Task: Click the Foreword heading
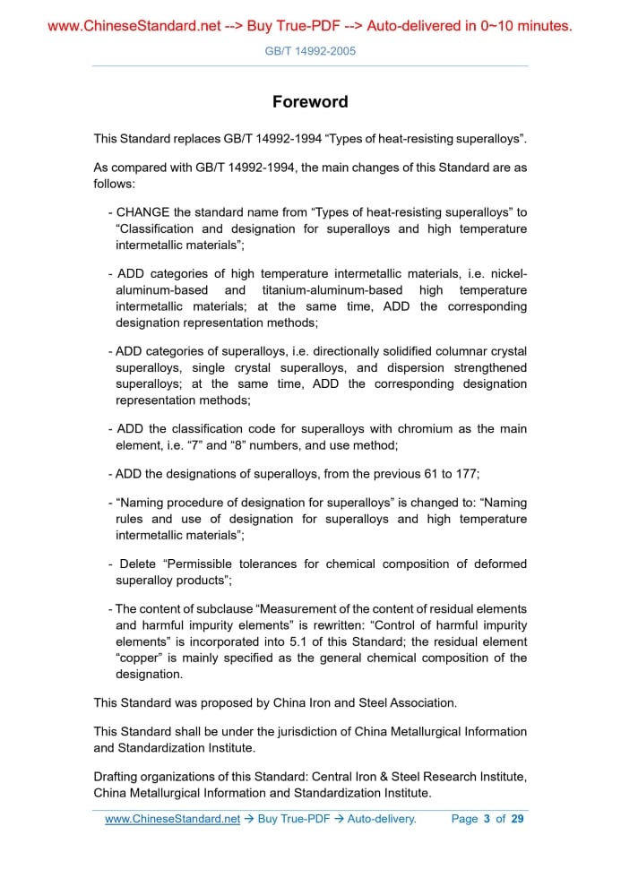pyautogui.click(x=310, y=101)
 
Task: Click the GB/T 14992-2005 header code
pyautogui.click(x=310, y=51)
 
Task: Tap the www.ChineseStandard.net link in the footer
pyautogui.click(x=172, y=819)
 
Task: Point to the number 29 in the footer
pyautogui.click(x=517, y=819)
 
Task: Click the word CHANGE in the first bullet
pyautogui.click(x=142, y=212)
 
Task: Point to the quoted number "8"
pyautogui.click(x=241, y=444)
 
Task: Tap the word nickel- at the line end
pyautogui.click(x=507, y=273)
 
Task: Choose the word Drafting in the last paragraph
pyautogui.click(x=116, y=776)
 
